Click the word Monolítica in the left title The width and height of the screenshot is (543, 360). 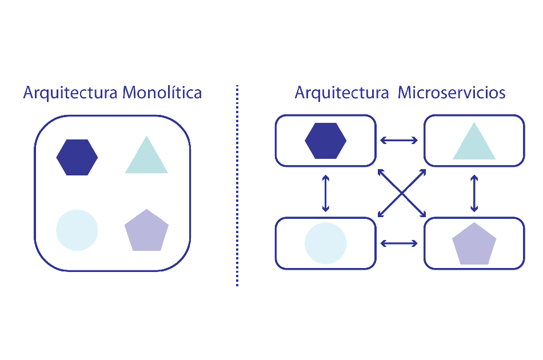[162, 93]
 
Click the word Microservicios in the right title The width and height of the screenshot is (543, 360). [452, 93]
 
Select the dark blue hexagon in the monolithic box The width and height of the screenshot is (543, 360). [77, 157]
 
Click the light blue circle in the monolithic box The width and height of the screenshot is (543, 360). [77, 230]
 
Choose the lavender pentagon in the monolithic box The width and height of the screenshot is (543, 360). [146, 231]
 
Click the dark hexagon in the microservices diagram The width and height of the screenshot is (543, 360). [326, 141]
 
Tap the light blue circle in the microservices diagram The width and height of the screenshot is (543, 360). [325, 243]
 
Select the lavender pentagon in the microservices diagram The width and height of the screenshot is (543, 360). [474, 244]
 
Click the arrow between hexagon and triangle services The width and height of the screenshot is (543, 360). [400, 141]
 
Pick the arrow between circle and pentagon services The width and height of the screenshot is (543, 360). [400, 243]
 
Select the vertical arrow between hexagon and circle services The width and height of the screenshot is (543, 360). [326, 192]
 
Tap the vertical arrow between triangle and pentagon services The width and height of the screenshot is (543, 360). [474, 192]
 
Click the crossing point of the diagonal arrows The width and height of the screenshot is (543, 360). [402, 193]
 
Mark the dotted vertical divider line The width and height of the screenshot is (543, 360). [237, 186]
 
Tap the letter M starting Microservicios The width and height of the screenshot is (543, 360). [405, 93]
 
